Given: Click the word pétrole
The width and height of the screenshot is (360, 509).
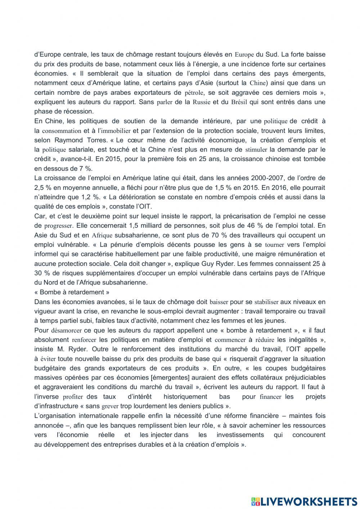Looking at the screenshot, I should (194, 93).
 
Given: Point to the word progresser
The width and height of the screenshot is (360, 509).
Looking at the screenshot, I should (59, 226).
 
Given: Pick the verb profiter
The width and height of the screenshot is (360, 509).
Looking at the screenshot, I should (73, 397).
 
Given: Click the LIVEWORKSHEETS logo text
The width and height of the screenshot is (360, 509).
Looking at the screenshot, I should (308, 501).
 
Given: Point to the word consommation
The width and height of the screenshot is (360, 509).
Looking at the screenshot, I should (62, 131).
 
